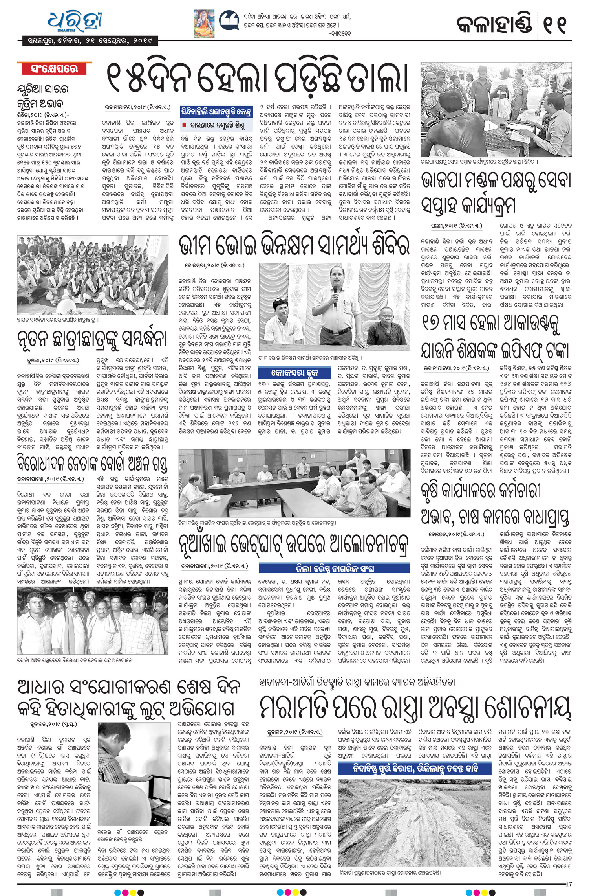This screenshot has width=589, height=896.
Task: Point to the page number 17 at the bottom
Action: pos(569,884)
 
